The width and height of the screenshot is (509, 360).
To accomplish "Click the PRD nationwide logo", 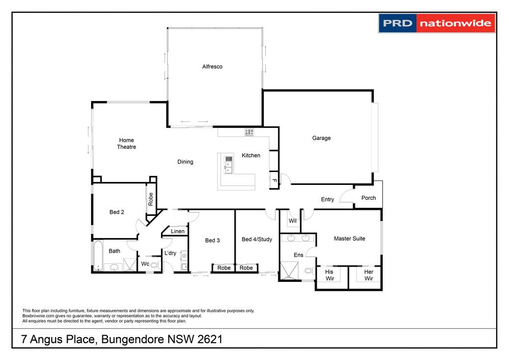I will coord(437,23).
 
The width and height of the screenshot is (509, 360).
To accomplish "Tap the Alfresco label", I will coord(212,67).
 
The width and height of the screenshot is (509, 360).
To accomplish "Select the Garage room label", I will coord(321,138).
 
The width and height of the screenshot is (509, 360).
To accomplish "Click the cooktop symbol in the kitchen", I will coord(249,132).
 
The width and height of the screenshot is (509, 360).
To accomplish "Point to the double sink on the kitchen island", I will coord(229,165).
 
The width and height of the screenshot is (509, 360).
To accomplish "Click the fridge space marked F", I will coord(273,180).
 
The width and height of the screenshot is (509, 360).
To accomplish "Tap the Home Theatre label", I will coord(126,144).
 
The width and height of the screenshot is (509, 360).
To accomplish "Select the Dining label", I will coord(185,162).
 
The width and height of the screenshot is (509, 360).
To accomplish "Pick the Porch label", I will coord(368,198).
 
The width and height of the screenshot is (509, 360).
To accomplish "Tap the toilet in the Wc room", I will coord(154,266).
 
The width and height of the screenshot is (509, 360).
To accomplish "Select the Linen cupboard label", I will coord(177,231).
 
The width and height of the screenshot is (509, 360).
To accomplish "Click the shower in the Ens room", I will coord(287,270).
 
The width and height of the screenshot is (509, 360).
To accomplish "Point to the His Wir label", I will coord(329,275).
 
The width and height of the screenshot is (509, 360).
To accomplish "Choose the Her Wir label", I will coord(368,275).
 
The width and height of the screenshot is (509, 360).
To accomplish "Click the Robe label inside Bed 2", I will coord(151,199).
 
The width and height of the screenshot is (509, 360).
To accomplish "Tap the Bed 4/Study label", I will coord(256,240).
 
